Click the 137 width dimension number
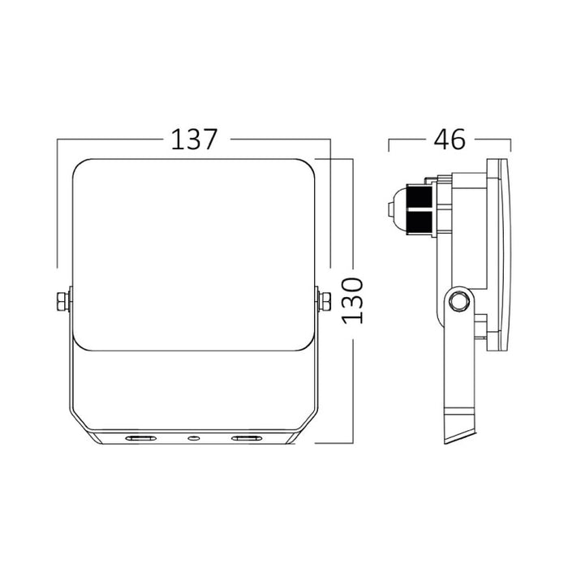195,140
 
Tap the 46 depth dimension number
448,140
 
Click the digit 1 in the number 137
175,140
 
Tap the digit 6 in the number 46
458,140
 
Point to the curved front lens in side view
509,256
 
